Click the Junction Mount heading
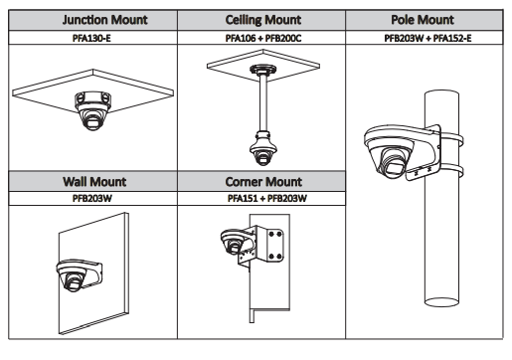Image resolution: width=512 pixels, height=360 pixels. (x=104, y=20)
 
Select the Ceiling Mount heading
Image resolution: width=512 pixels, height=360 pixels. (x=263, y=20)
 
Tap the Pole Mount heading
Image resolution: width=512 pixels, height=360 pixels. (x=423, y=20)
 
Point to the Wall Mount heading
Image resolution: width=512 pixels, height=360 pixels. (x=94, y=182)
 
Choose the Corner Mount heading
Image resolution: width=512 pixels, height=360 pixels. (x=263, y=182)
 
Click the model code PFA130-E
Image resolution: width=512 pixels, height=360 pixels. (x=91, y=38)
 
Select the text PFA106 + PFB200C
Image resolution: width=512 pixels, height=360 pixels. (x=263, y=38)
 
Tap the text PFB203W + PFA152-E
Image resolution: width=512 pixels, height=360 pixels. (x=427, y=38)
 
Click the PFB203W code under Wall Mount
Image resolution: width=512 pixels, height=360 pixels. (x=92, y=198)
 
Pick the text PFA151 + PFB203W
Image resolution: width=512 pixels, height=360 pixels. (x=267, y=198)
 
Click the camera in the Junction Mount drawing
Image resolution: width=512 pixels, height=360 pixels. (x=92, y=111)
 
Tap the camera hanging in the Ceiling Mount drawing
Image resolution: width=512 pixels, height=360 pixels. (x=263, y=149)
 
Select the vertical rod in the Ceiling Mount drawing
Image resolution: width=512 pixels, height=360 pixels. (x=263, y=102)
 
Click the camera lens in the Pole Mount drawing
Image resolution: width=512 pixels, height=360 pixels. (x=394, y=162)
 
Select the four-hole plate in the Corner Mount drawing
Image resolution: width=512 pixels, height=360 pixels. (x=275, y=245)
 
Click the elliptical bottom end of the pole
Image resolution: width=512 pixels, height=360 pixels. (x=441, y=302)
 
